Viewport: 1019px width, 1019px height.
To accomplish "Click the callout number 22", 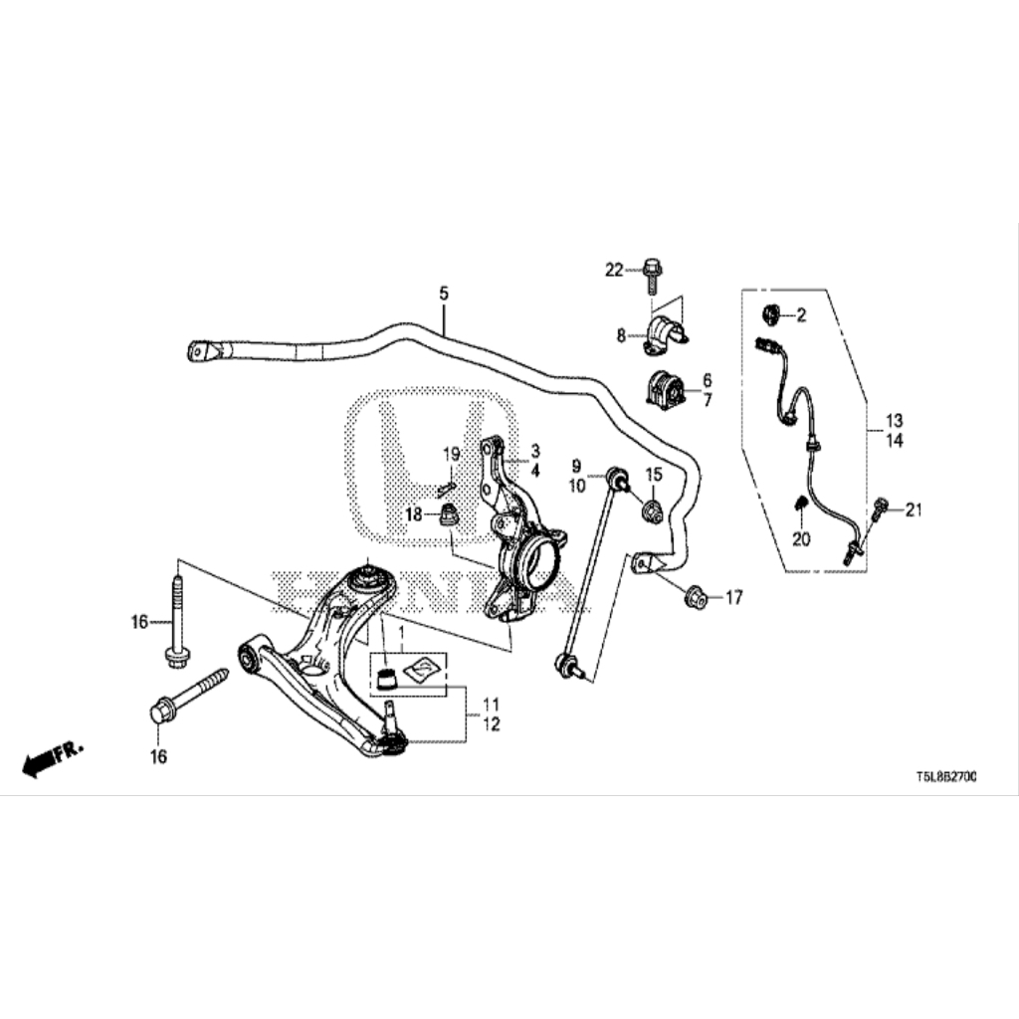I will pos(613,269).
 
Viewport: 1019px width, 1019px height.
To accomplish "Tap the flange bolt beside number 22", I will pos(649,273).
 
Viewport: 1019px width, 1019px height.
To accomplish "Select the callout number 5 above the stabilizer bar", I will pos(444,294).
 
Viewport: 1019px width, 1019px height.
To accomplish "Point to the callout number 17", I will pos(733,598).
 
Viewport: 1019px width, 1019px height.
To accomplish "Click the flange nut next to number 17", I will pos(697,597).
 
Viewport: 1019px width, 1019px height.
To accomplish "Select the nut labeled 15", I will pos(652,511).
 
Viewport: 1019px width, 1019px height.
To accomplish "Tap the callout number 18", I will pos(413,513).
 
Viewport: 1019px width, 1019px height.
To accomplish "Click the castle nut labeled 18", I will pos(450,514).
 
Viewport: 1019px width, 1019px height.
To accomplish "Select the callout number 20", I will pos(802,538).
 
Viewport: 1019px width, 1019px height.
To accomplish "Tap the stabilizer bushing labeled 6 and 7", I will pos(662,389).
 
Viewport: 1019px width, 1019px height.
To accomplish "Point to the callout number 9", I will pos(575,466).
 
